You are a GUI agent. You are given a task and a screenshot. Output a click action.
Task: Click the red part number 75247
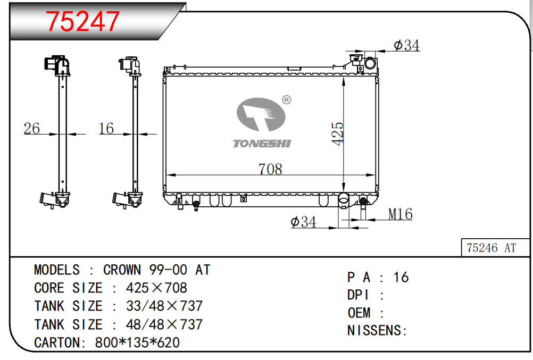coord(82,21)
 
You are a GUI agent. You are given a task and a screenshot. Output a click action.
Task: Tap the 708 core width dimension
coord(270,169)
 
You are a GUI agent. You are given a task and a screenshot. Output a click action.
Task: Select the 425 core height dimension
coord(338,134)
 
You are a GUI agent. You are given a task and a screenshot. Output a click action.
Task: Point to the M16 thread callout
coord(401,214)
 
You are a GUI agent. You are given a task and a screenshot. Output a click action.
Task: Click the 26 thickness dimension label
coord(31,128)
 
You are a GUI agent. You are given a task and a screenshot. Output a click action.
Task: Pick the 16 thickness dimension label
coord(106,128)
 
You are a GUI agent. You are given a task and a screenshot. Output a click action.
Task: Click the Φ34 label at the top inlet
coord(406,45)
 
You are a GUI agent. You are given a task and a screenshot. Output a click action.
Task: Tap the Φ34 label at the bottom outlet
coord(304,222)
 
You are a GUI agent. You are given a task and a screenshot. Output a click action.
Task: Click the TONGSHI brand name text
coord(262,144)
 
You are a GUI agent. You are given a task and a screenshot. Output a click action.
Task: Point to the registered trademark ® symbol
coord(287,100)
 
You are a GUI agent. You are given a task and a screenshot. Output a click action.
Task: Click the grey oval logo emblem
coord(261,114)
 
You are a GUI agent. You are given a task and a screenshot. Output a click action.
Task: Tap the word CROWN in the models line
coord(122,270)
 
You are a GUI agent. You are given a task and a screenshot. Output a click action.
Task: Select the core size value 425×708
coord(156,288)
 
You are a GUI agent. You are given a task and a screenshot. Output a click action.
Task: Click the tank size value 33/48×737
coord(164,306)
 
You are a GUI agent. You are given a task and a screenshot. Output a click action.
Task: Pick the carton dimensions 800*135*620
coord(137,342)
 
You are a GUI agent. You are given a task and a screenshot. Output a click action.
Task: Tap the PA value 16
coord(401,278)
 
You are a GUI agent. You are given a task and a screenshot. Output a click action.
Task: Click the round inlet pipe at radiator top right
coord(370,63)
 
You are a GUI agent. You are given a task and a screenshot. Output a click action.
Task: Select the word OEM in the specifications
coord(359,313)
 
